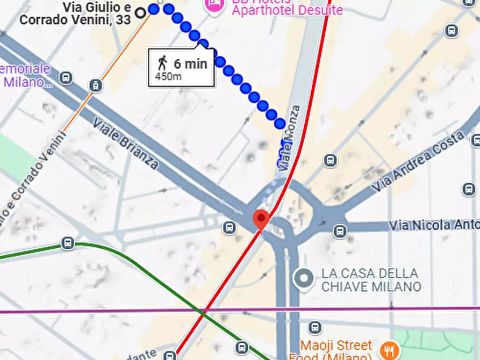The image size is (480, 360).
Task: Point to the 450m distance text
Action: click(x=168, y=77)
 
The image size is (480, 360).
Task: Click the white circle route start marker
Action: click(x=141, y=12)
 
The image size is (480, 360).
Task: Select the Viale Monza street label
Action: click(x=289, y=139)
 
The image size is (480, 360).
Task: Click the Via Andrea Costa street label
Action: click(x=419, y=161)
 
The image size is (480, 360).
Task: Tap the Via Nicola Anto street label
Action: click(x=435, y=225)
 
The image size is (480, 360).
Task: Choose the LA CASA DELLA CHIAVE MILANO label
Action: click(x=371, y=280)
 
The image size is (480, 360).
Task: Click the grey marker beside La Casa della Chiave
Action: click(x=305, y=279)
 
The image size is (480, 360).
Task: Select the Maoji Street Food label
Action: click(x=336, y=350)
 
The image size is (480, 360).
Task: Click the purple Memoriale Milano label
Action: click(x=26, y=76)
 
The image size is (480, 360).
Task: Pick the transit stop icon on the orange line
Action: click(x=96, y=85)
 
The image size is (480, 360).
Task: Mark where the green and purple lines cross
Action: click(x=203, y=310)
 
